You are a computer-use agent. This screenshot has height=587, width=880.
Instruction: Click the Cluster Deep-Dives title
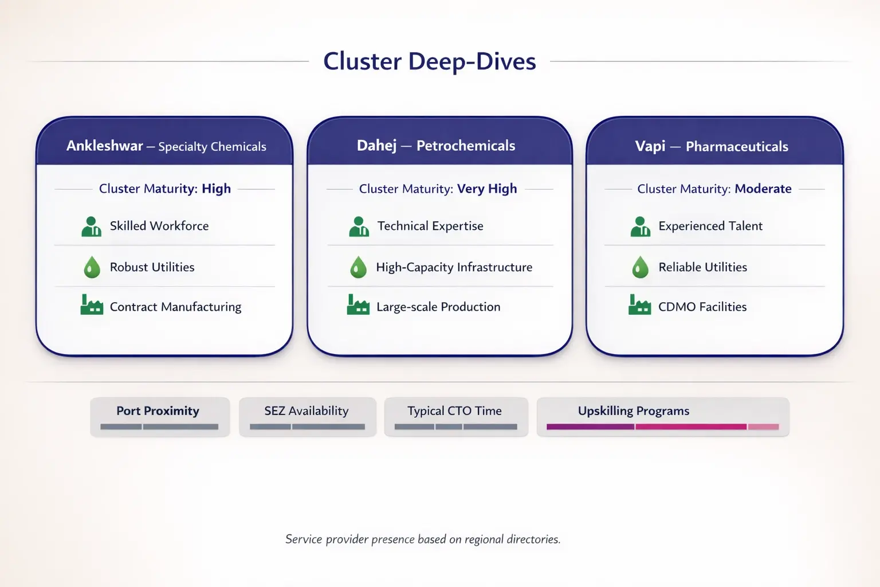[x=429, y=61]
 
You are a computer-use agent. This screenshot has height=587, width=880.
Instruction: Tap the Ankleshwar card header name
[x=105, y=146]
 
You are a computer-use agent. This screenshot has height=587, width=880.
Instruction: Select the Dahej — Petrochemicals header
[x=435, y=146]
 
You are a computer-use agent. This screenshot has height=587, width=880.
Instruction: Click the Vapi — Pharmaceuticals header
[x=711, y=146]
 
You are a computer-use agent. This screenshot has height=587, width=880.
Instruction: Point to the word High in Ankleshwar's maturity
[x=216, y=189]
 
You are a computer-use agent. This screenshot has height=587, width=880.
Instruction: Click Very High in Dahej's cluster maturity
[x=486, y=189]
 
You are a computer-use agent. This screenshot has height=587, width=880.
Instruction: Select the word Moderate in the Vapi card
[x=763, y=189]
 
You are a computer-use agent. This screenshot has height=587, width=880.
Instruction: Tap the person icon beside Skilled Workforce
[x=91, y=226]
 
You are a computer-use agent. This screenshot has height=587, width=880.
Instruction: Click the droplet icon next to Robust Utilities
[x=92, y=267]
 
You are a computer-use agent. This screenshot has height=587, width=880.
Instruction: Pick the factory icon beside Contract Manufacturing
[x=92, y=306]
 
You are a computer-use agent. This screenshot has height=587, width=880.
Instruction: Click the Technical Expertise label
[x=430, y=226]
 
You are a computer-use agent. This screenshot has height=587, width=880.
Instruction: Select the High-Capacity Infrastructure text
[x=454, y=267]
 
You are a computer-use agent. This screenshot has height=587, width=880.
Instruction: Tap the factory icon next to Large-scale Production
[x=358, y=306]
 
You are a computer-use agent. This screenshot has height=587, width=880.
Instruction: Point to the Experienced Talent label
[x=710, y=226]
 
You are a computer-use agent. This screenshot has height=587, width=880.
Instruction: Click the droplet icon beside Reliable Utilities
[x=640, y=267]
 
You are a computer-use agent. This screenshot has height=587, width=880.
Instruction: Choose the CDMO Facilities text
[x=702, y=307]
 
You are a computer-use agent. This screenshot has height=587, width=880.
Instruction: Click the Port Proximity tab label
[x=158, y=410]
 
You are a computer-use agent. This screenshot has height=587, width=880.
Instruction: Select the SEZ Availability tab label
[x=306, y=410]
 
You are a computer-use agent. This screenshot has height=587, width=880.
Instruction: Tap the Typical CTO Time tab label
[x=454, y=410]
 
